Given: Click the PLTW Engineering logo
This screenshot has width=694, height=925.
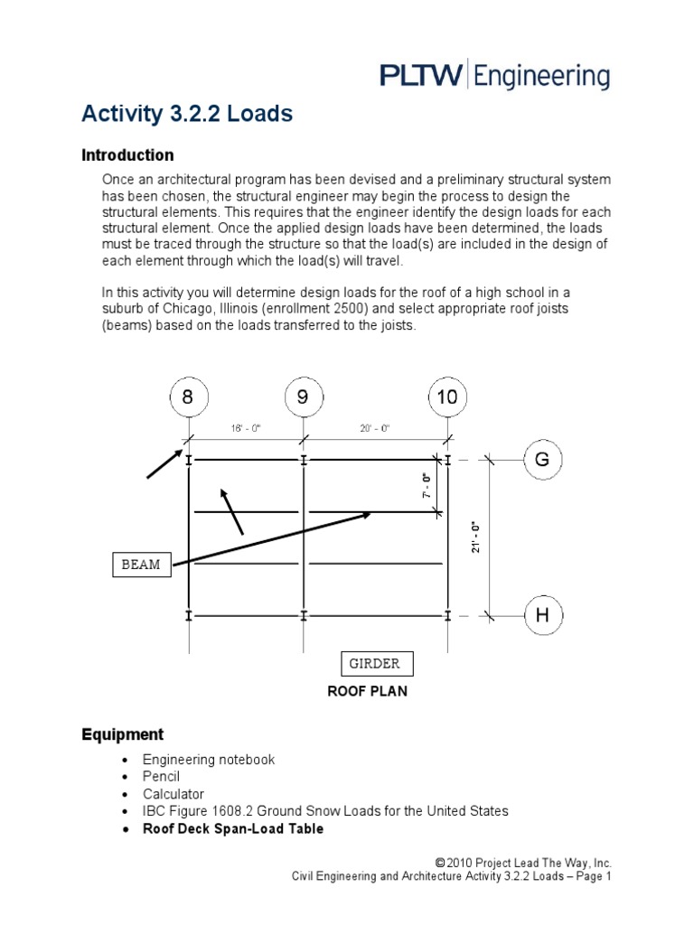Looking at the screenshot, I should click(494, 75).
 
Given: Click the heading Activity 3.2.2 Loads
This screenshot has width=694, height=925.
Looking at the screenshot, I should click(187, 114).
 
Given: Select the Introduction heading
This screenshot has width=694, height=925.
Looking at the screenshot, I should click(127, 155).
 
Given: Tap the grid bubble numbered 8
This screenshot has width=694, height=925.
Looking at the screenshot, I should click(188, 397).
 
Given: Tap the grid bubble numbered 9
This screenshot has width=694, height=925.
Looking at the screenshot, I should click(303, 397).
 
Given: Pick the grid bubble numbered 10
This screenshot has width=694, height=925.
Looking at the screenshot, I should click(447, 397).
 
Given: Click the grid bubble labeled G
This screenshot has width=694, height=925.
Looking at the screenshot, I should click(543, 460).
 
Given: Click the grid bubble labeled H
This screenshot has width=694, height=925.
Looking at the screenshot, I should click(543, 616).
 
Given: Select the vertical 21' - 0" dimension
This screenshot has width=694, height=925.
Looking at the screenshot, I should click(476, 536).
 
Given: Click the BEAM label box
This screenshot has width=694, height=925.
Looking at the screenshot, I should click(140, 565).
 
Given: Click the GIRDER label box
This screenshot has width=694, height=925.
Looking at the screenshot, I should click(375, 664).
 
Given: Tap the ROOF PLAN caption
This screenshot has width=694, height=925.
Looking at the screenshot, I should click(367, 692).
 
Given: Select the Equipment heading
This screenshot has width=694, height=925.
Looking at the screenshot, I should click(122, 734).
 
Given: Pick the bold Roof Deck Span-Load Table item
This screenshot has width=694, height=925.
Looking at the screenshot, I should click(232, 828).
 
